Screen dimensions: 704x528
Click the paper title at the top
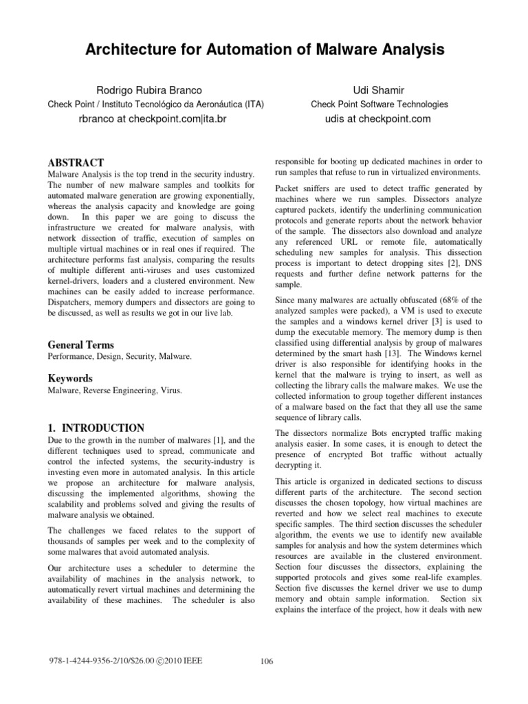264,50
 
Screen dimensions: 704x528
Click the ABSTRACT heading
75,164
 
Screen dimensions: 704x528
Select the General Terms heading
80,344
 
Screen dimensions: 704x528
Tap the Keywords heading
69,378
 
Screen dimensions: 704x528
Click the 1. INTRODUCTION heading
96,428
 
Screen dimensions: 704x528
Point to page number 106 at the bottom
267,661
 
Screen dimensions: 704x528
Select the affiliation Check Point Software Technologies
379,104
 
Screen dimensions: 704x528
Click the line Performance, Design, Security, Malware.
120,357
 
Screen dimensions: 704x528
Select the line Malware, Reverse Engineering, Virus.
114,390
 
